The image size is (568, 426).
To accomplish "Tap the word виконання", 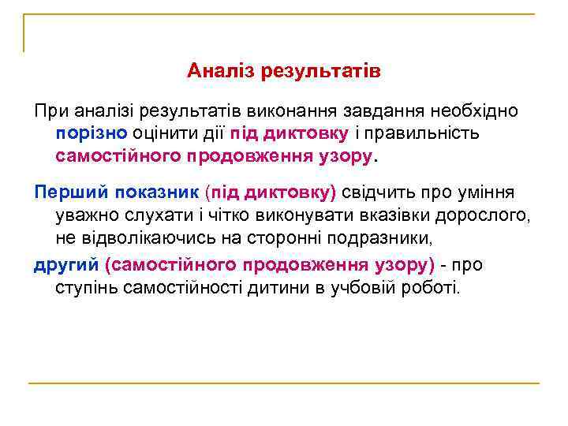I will pos(282,110).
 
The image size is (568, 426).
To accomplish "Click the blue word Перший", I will pos(70,192).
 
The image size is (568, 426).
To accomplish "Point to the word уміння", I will pos(487,192).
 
